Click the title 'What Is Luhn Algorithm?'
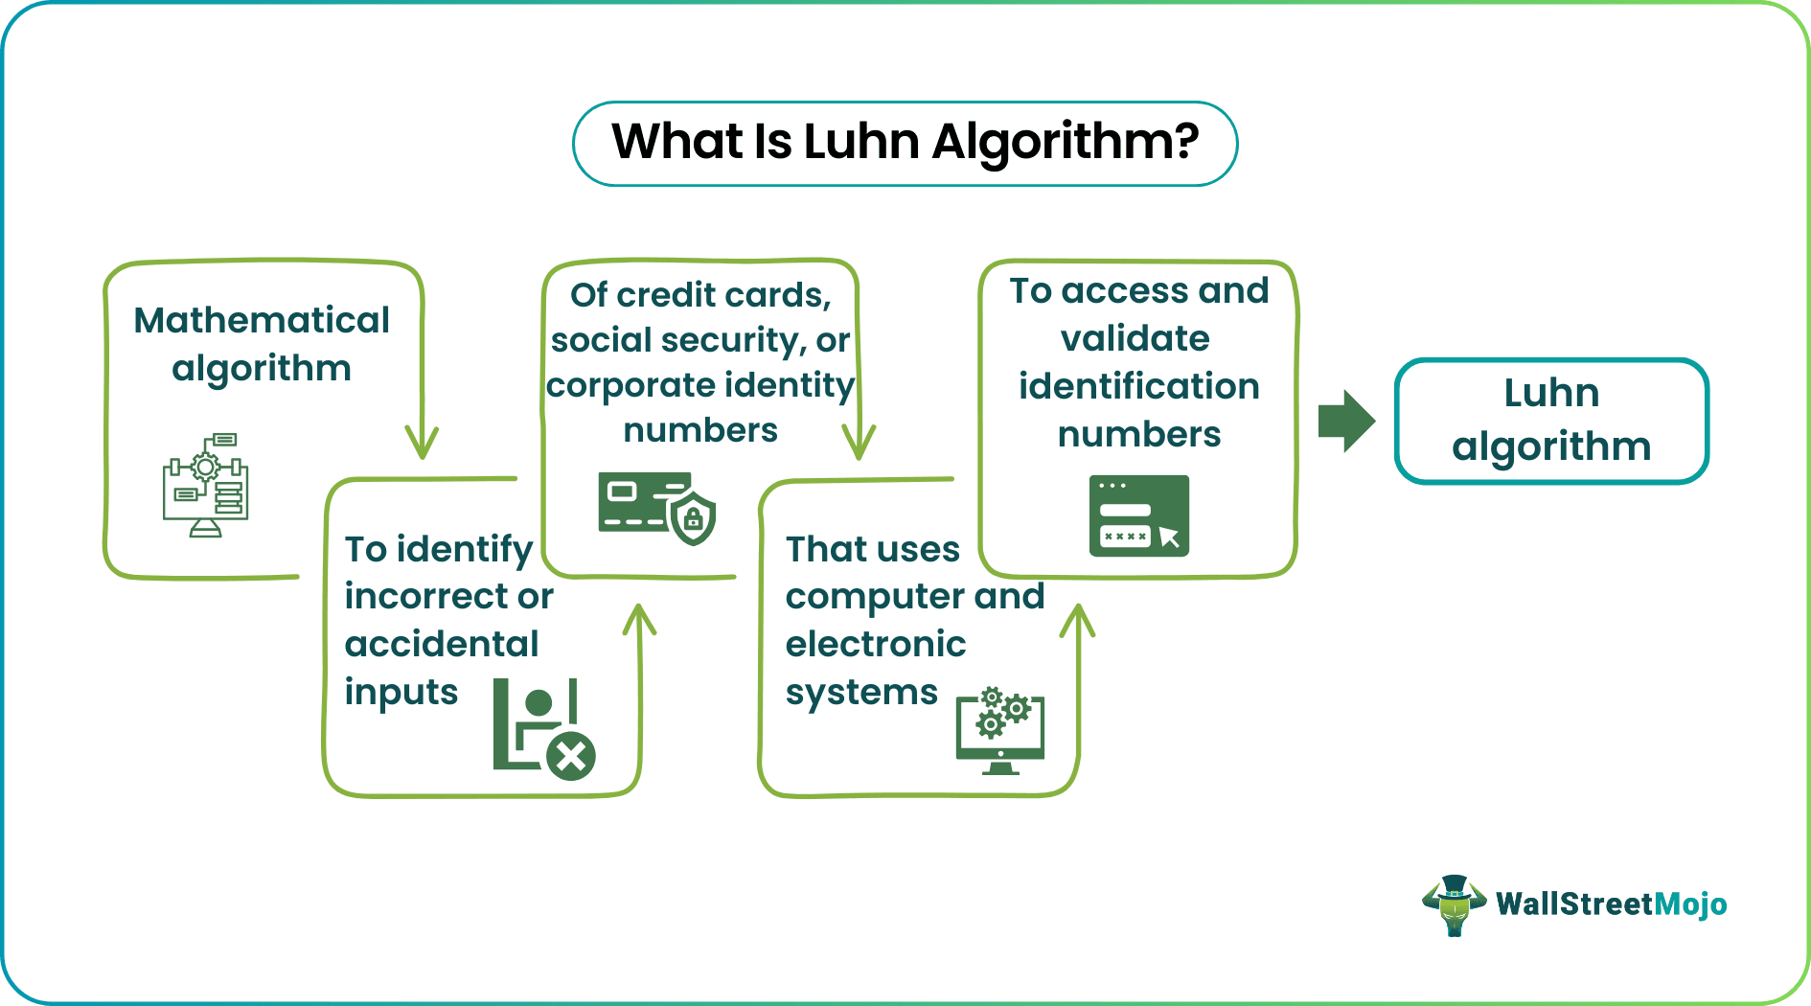click(x=905, y=143)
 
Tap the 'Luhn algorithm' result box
click(x=1551, y=421)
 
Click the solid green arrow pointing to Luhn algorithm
click(x=1346, y=421)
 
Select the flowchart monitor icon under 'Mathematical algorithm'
click(x=205, y=485)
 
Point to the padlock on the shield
click(x=693, y=519)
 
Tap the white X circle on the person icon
click(x=571, y=758)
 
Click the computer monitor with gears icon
click(x=1000, y=730)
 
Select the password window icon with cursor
click(x=1139, y=515)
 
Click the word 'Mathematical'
click(x=262, y=320)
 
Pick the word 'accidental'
click(x=442, y=644)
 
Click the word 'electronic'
click(x=876, y=644)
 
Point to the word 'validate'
click(x=1135, y=338)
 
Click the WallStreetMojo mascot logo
click(x=1455, y=904)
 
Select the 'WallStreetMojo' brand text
click(x=1612, y=903)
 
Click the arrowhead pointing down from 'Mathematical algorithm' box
click(x=422, y=443)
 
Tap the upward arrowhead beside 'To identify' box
click(x=639, y=620)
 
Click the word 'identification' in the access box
click(x=1139, y=386)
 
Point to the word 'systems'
click(x=861, y=693)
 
